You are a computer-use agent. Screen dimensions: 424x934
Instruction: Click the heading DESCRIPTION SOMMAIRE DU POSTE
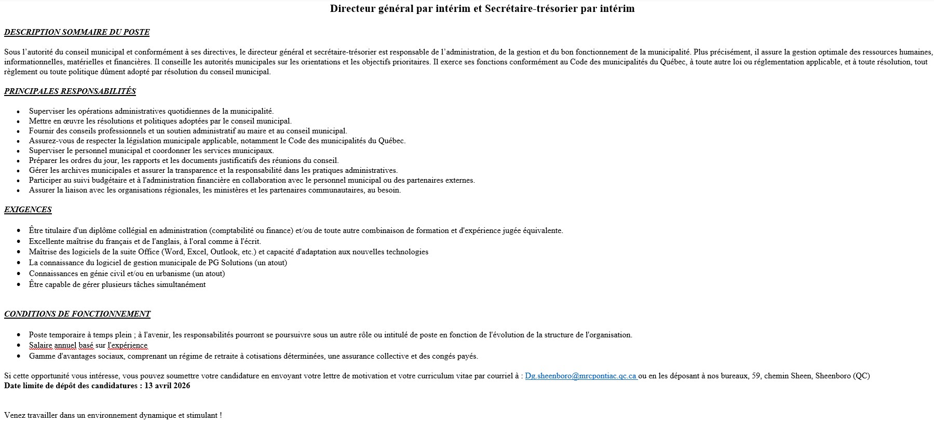point(77,32)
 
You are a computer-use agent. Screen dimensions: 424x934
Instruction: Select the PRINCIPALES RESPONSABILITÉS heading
point(70,91)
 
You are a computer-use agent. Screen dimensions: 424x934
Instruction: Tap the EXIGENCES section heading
point(28,210)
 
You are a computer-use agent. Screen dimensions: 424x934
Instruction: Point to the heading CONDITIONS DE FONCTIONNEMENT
point(77,314)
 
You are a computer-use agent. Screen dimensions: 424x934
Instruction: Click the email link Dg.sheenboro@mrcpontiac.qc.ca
point(580,376)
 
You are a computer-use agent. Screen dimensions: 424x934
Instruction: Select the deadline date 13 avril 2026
point(167,386)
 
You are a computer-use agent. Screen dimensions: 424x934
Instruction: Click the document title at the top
point(482,9)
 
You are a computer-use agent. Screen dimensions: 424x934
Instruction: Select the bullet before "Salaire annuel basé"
point(19,346)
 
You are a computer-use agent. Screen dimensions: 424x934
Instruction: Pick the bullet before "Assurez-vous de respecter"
point(19,141)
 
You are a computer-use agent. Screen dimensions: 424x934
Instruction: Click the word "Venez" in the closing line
point(14,416)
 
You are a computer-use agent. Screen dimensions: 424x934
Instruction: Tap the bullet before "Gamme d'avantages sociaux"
point(19,357)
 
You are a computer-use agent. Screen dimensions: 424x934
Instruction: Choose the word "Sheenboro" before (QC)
point(832,376)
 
